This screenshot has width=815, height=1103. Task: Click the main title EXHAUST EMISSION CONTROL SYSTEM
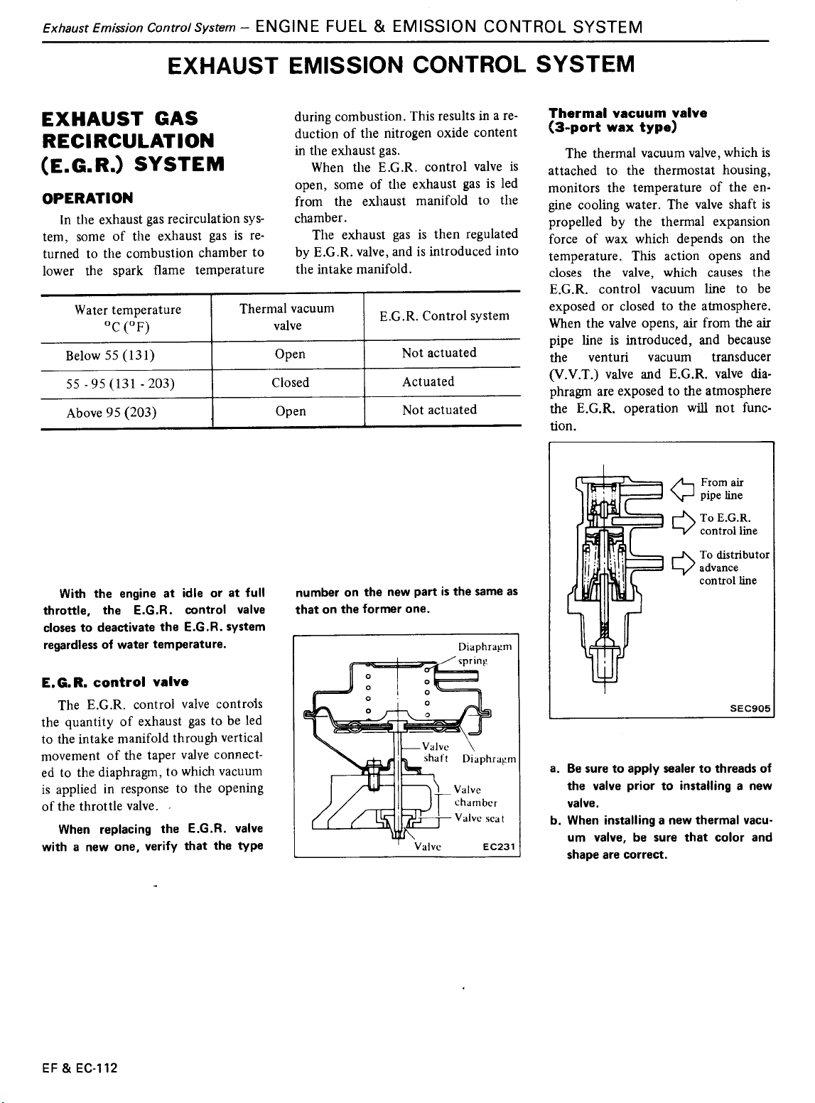coord(400,66)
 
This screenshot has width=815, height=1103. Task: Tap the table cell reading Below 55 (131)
coord(111,354)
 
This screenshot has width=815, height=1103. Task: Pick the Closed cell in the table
coord(291,382)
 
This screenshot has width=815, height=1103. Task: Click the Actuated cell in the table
coord(428,381)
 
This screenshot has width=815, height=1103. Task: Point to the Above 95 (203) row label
coord(112,412)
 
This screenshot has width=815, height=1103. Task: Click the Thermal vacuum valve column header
coord(287,317)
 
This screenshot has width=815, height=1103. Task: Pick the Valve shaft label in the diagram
coord(434,751)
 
